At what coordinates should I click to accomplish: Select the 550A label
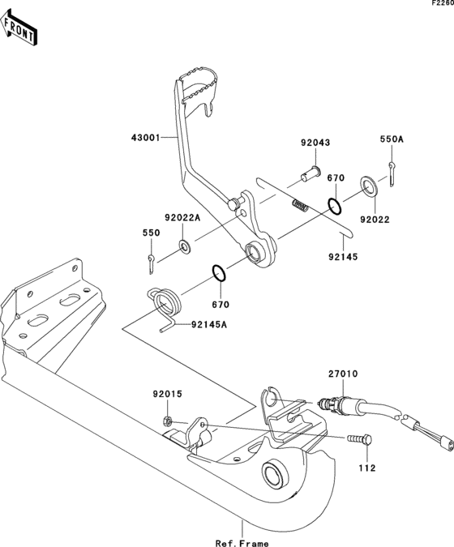pos(392,139)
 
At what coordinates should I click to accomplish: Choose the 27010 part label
pos(343,374)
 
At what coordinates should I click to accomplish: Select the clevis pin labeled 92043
pos(309,173)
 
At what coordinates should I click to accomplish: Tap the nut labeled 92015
pos(168,421)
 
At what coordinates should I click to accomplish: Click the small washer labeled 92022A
pos(186,246)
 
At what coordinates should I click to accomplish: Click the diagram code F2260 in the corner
pos(442,4)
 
